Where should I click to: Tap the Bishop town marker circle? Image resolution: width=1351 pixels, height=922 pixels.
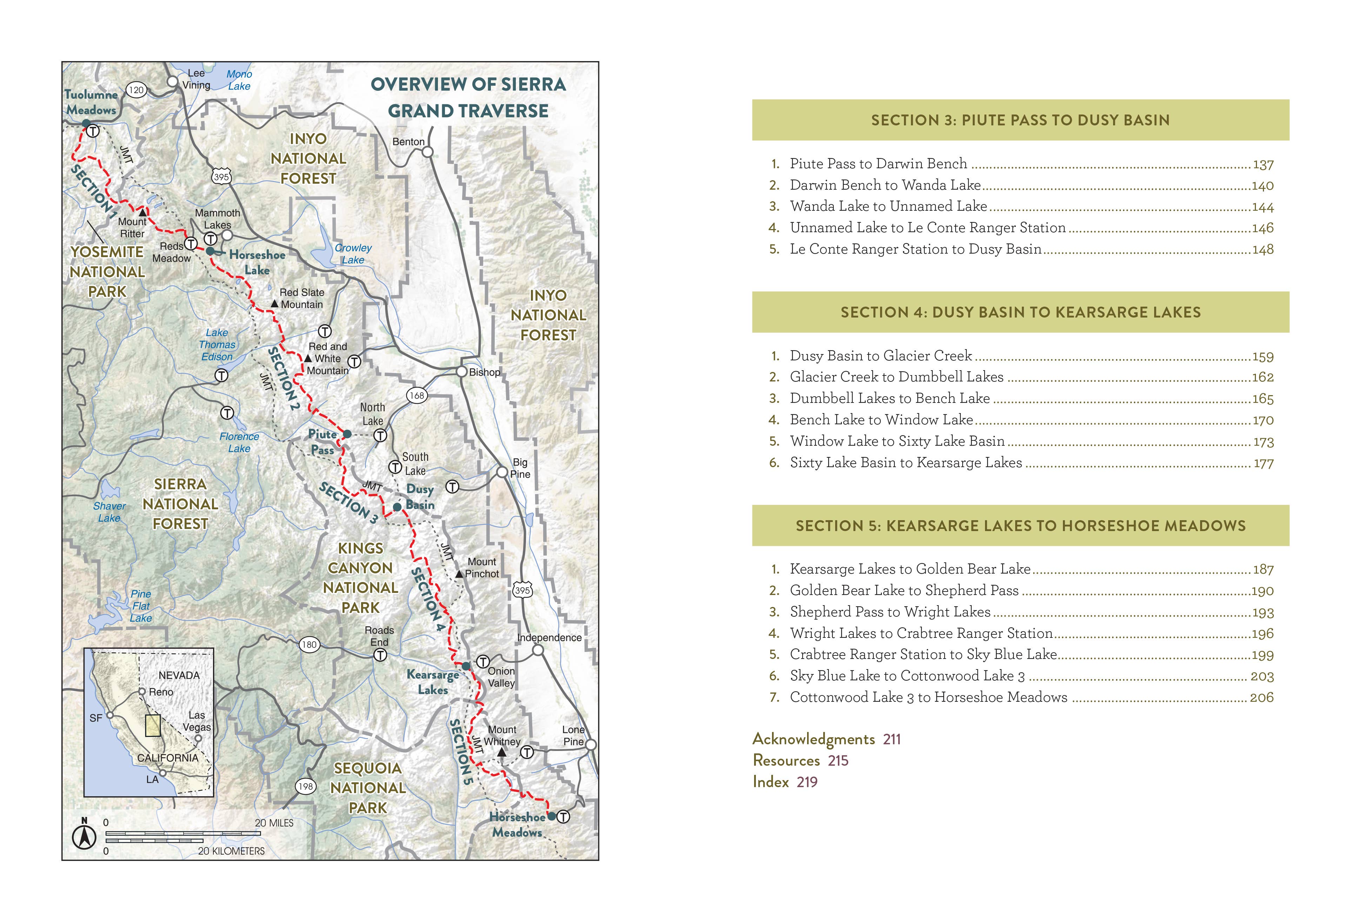[x=461, y=372]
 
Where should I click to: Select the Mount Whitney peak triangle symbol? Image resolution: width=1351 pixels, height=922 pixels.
[x=502, y=752]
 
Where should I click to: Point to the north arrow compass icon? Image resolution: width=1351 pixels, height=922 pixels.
[x=84, y=836]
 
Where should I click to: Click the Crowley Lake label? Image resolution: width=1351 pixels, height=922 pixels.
[x=353, y=254]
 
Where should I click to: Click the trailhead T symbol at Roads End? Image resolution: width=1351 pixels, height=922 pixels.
[x=380, y=655]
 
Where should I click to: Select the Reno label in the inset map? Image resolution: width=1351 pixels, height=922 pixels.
[x=161, y=692]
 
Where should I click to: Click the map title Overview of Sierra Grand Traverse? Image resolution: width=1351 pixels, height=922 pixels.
[x=468, y=98]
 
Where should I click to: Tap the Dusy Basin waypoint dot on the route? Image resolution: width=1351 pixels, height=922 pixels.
[x=397, y=507]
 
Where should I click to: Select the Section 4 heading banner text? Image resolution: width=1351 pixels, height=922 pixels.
[x=1020, y=312]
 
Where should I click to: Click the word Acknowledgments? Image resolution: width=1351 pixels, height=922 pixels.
[x=813, y=739]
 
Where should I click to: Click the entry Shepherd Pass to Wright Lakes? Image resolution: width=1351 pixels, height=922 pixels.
[x=890, y=612]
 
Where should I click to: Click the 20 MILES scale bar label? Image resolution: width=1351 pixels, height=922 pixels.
[x=274, y=823]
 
